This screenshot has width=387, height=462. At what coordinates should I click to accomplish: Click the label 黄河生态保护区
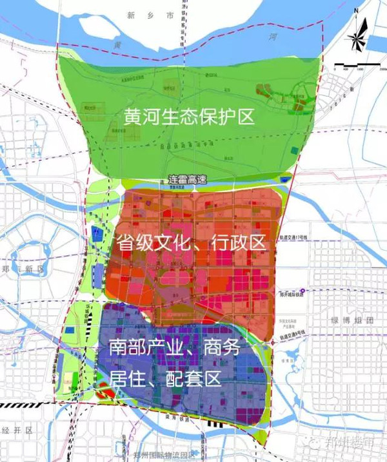[x=190, y=117]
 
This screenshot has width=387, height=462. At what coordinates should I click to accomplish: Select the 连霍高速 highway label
[x=186, y=180]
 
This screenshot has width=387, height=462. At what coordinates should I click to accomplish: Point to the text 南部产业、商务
[x=174, y=349]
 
